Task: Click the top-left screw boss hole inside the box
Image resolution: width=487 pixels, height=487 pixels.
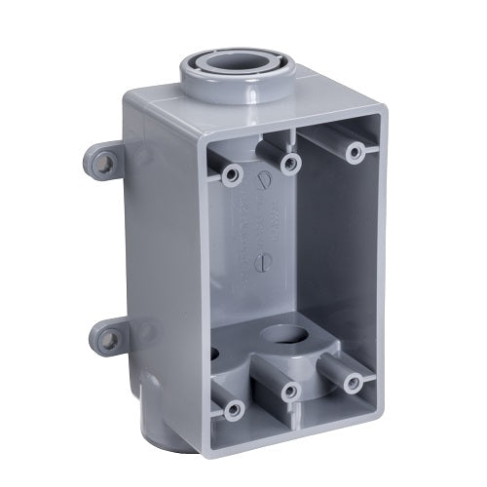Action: click(x=231, y=175)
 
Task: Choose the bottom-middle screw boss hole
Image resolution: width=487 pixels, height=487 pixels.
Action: click(x=288, y=393)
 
